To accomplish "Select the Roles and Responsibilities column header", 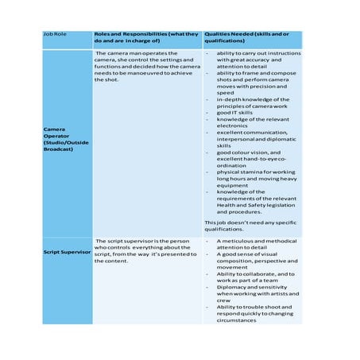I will pyautogui.click(x=146, y=40).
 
